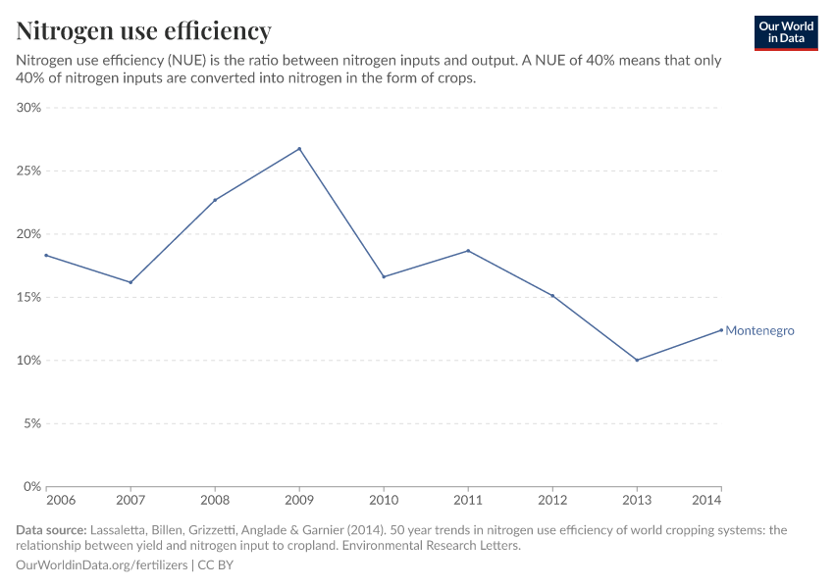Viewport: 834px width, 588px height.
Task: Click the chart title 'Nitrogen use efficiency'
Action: click(144, 31)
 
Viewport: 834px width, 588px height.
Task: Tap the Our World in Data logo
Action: click(785, 32)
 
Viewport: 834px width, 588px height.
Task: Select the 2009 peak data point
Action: click(299, 149)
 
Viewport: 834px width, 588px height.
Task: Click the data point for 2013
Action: click(637, 360)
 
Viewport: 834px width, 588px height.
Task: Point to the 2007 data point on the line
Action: click(130, 282)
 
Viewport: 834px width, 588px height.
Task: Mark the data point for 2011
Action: click(468, 251)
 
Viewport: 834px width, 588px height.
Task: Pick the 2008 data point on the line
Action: click(215, 200)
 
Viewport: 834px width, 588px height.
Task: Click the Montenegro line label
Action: click(759, 331)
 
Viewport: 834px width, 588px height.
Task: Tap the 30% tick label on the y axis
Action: click(28, 108)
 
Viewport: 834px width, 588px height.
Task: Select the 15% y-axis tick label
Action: click(28, 297)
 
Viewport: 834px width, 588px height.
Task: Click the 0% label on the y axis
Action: click(32, 486)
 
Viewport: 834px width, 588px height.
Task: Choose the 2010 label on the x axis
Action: click(384, 501)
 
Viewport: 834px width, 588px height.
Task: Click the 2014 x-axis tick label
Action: click(706, 501)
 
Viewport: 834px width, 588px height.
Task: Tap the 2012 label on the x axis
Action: click(552, 501)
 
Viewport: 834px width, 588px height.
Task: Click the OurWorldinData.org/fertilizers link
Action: click(103, 565)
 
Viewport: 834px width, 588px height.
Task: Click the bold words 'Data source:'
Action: click(51, 530)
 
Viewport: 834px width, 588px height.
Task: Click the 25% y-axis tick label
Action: click(28, 171)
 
